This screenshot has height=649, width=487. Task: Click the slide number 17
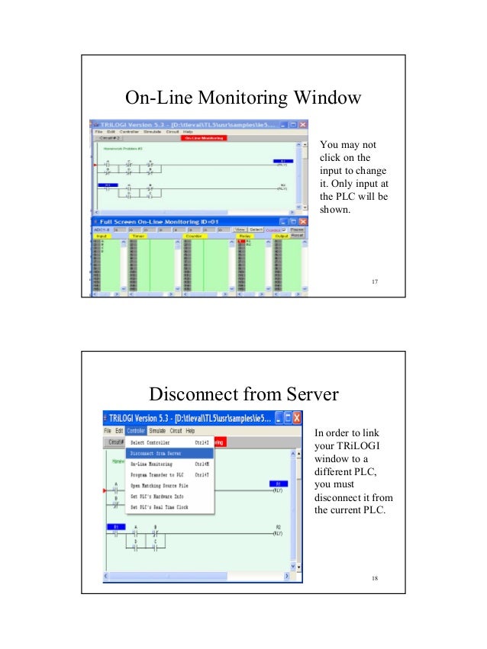(374, 283)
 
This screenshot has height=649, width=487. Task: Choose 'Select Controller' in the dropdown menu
(150, 442)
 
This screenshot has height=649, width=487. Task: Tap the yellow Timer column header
(138, 236)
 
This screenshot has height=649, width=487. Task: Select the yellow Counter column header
(192, 236)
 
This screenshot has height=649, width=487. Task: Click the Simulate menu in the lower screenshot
(157, 431)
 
